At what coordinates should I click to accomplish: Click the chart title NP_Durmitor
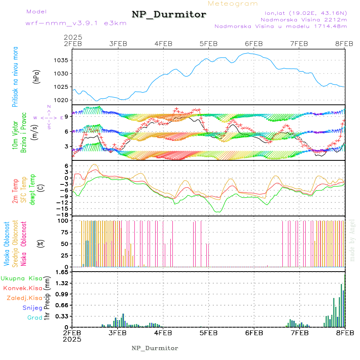pos(169,14)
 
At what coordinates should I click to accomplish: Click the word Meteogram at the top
pos(233,4)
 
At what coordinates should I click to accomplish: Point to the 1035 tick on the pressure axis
pos(64,60)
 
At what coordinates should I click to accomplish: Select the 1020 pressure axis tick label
pos(64,100)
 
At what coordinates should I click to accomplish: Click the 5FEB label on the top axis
pos(208,44)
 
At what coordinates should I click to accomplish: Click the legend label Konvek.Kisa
pos(22,288)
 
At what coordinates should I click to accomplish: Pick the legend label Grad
pos(34,318)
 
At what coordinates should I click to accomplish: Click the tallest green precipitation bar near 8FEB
pos(341,305)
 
